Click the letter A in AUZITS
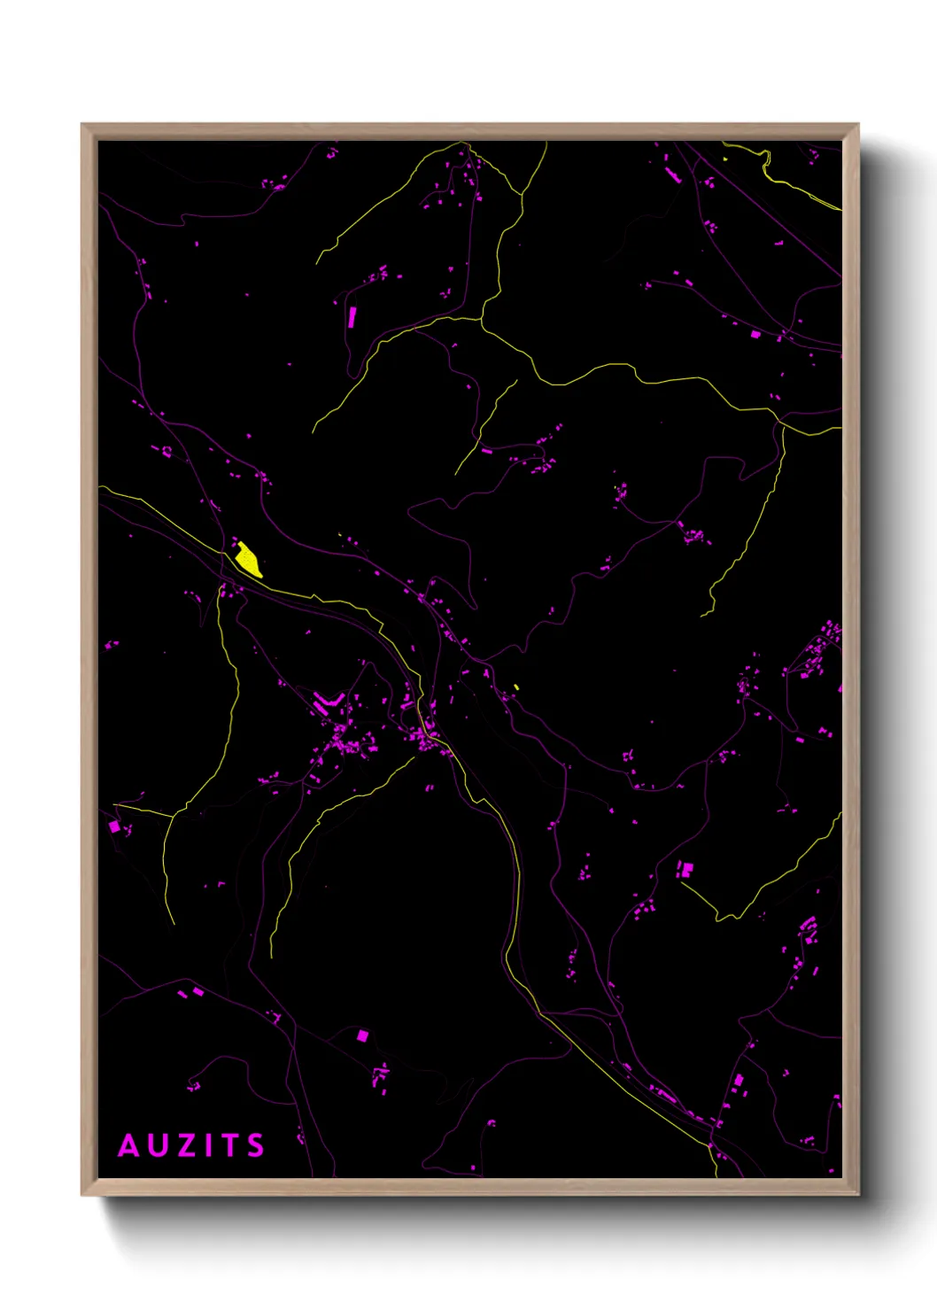point(129,1145)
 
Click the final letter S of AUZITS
point(255,1145)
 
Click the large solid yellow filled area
point(248,560)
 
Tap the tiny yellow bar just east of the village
point(516,687)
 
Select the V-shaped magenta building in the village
point(326,703)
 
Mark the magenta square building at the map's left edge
point(113,826)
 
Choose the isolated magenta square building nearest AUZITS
point(361,1035)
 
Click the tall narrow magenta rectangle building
point(352,316)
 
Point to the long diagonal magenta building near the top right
point(673,175)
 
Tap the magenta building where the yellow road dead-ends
point(685,869)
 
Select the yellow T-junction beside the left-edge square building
point(173,814)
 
